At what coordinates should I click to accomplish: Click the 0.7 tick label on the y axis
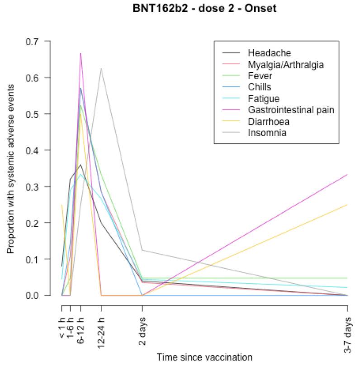(x=44, y=41)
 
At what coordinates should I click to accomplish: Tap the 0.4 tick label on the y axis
(x=44, y=150)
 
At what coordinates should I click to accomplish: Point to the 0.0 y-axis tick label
(x=44, y=296)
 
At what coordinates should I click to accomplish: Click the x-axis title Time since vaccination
(x=204, y=357)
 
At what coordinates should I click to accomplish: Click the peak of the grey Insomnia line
(x=101, y=68)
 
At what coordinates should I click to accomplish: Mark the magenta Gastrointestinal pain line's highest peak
(x=81, y=53)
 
